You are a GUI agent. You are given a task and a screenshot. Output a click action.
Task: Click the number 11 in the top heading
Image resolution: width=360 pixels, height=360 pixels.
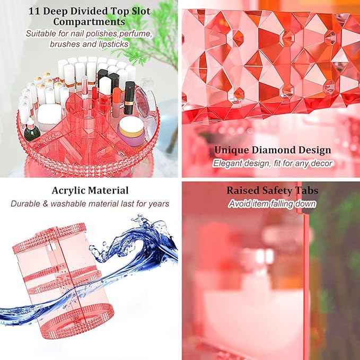click(x=34, y=12)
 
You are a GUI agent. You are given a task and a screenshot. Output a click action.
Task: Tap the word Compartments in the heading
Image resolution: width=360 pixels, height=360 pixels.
click(x=89, y=22)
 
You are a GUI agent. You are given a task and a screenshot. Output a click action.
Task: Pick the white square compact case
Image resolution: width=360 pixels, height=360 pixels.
click(x=49, y=117)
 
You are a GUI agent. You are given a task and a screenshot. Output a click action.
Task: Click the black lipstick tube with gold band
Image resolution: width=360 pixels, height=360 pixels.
click(x=129, y=98)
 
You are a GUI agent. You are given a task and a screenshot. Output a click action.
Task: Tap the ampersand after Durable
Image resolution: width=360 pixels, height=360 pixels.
click(x=45, y=204)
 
